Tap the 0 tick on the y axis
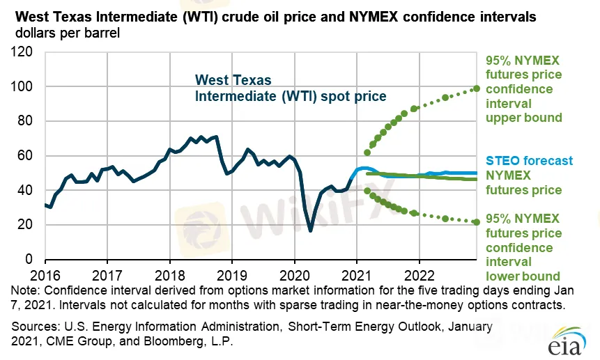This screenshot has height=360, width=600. coord(31,259)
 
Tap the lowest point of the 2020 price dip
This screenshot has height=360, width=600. coord(311,230)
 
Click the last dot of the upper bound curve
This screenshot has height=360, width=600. coord(477,88)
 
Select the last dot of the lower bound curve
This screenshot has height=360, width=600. coord(477,222)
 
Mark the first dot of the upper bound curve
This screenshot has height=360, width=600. coord(367,152)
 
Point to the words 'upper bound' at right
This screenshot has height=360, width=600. coord(523,118)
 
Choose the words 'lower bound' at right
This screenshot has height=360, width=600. coord(523,276)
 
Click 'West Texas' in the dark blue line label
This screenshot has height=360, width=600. coord(232,80)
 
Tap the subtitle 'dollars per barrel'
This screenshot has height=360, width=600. coord(66,32)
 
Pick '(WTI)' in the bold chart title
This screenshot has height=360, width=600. coord(180,15)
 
